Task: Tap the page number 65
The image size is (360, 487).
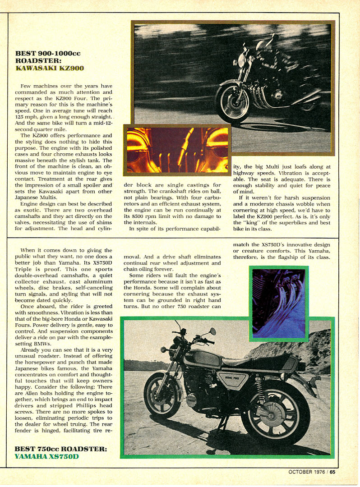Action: (332, 473)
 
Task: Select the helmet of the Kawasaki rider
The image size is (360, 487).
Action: (263, 46)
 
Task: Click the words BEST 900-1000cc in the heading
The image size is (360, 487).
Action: (48, 53)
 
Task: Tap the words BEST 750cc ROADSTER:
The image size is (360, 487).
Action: (61, 449)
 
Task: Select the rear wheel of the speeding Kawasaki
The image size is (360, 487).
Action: (311, 97)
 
